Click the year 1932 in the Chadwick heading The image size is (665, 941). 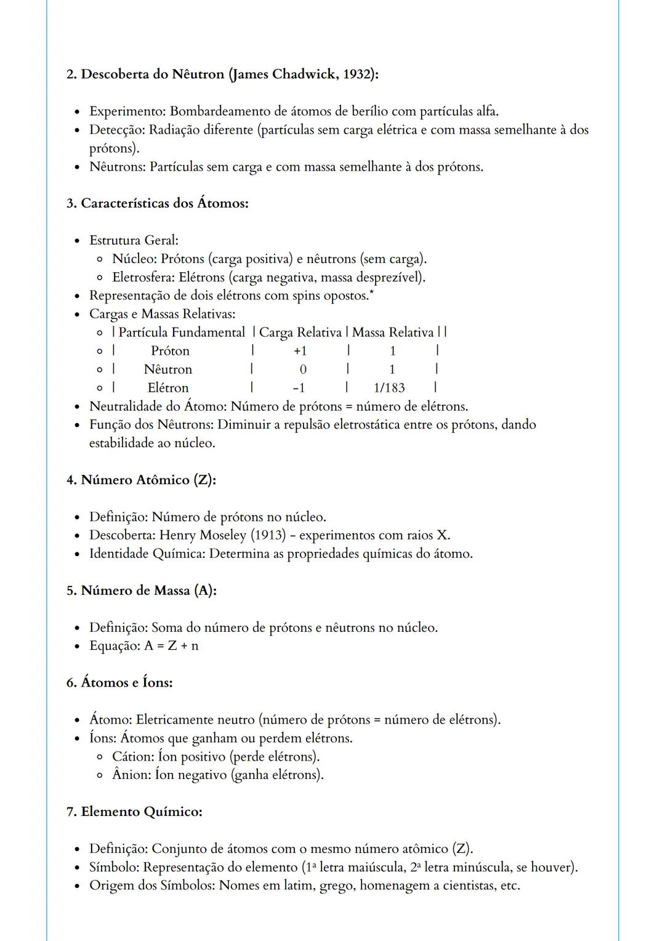[357, 75]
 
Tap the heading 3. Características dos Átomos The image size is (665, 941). [158, 203]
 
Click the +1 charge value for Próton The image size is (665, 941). [300, 351]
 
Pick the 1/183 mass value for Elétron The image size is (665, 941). [389, 388]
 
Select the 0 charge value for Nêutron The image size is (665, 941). [302, 370]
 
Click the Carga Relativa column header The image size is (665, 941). [300, 333]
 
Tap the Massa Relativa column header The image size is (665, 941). [393, 333]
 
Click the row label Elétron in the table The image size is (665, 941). [168, 388]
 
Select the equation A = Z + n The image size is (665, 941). [171, 646]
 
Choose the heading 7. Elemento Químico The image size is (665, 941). [134, 812]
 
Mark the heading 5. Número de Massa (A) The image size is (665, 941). [142, 591]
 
